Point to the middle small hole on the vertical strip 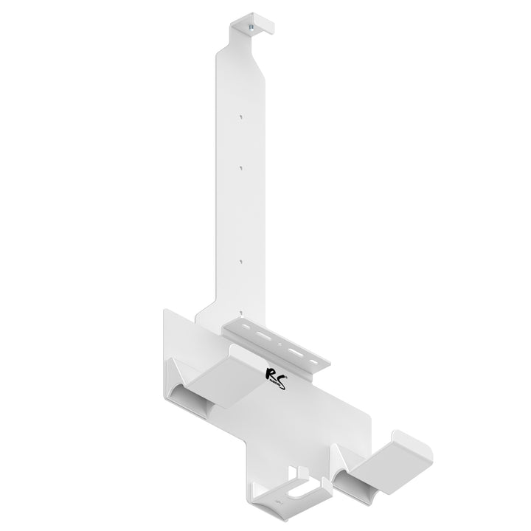point(240,167)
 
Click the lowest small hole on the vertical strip point(240,260)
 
